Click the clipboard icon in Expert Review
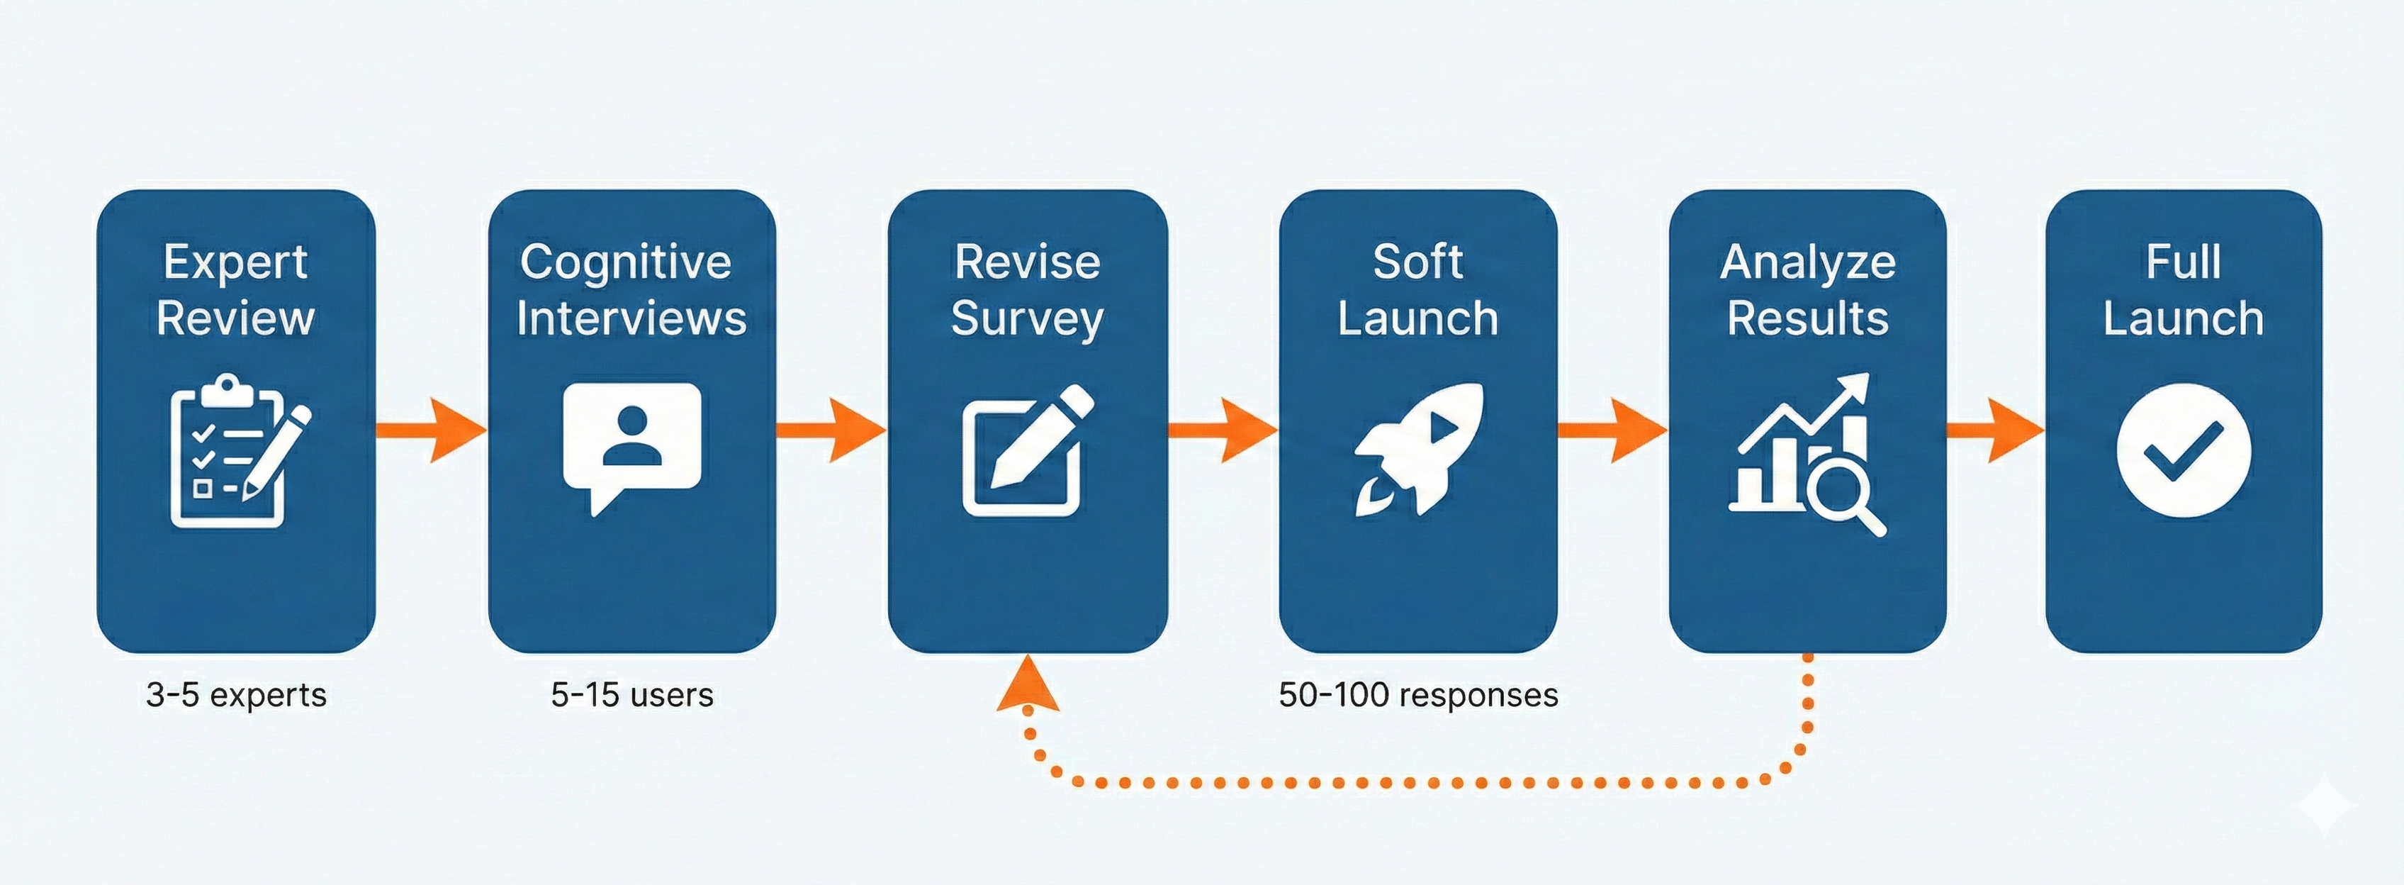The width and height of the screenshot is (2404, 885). click(229, 452)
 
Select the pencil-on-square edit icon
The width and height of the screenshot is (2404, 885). click(1025, 450)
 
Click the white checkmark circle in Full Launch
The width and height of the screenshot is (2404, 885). click(2183, 451)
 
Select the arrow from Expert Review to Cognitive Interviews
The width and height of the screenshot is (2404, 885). click(431, 430)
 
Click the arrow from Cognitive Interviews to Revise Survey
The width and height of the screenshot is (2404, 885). click(831, 430)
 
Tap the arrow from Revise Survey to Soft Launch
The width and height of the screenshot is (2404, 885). click(1223, 430)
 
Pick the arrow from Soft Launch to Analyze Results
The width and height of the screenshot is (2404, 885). click(1612, 430)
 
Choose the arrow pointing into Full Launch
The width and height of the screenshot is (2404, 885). click(1995, 430)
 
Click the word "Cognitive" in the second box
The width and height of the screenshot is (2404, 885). click(625, 262)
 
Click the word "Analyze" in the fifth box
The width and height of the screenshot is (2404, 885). click(1808, 262)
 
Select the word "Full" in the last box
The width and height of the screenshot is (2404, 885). click(2182, 262)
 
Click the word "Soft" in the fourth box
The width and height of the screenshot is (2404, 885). click(1417, 262)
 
